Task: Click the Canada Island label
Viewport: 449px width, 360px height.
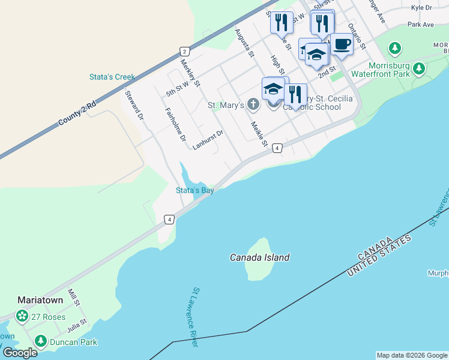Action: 259,257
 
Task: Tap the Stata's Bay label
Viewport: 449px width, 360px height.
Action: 194,190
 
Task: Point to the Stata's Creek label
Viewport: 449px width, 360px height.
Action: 112,77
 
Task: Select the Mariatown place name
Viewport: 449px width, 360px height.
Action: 41,299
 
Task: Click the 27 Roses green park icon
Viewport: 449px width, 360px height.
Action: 22,316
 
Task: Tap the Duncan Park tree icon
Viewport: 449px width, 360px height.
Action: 41,342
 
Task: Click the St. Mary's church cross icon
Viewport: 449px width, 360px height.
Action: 253,106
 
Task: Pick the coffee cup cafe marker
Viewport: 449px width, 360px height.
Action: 342,45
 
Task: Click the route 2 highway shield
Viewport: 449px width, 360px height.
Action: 184,52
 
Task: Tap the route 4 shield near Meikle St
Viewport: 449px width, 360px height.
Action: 277,148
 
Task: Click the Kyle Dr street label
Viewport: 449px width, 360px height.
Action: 421,8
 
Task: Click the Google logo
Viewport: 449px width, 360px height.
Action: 19,353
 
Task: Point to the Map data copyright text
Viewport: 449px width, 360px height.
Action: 411,355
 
